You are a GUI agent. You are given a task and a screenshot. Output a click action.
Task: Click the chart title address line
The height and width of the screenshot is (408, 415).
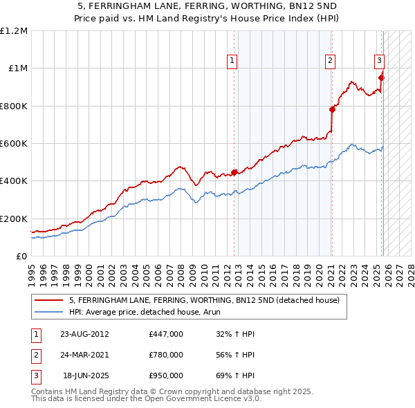click(207, 6)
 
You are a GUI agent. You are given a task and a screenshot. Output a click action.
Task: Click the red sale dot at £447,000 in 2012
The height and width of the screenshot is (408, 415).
click(234, 172)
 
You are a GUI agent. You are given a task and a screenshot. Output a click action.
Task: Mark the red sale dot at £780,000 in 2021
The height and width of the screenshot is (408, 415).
click(333, 109)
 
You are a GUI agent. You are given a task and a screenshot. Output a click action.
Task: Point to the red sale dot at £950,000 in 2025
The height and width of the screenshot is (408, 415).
click(381, 77)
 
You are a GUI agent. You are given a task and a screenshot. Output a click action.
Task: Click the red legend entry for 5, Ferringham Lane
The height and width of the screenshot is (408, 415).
click(204, 301)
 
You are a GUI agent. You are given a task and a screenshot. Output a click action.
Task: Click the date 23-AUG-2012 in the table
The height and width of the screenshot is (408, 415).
click(84, 333)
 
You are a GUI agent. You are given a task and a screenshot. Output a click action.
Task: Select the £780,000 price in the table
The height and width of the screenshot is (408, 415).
click(166, 355)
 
